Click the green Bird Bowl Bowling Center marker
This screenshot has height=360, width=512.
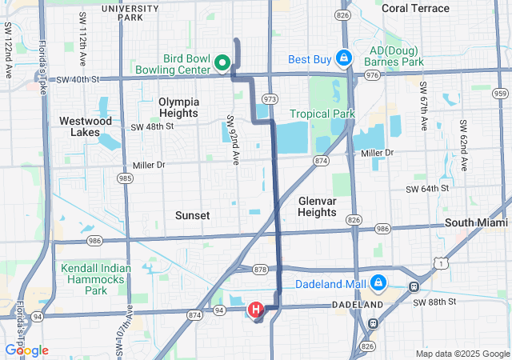point(224,62)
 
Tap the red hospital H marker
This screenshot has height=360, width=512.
point(256,309)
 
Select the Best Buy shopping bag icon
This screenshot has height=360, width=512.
point(343,58)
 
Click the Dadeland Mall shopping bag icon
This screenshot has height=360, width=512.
point(378,283)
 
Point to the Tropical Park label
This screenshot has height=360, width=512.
point(322,114)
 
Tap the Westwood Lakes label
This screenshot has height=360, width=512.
point(86,126)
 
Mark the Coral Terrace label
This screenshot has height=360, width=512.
point(415,8)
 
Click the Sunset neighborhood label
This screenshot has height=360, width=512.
point(192,216)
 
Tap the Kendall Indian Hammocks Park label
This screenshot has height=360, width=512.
point(94,279)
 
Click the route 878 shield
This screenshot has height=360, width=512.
point(260,269)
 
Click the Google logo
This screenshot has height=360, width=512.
point(26,350)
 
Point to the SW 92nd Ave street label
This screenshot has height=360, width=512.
point(233,141)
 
